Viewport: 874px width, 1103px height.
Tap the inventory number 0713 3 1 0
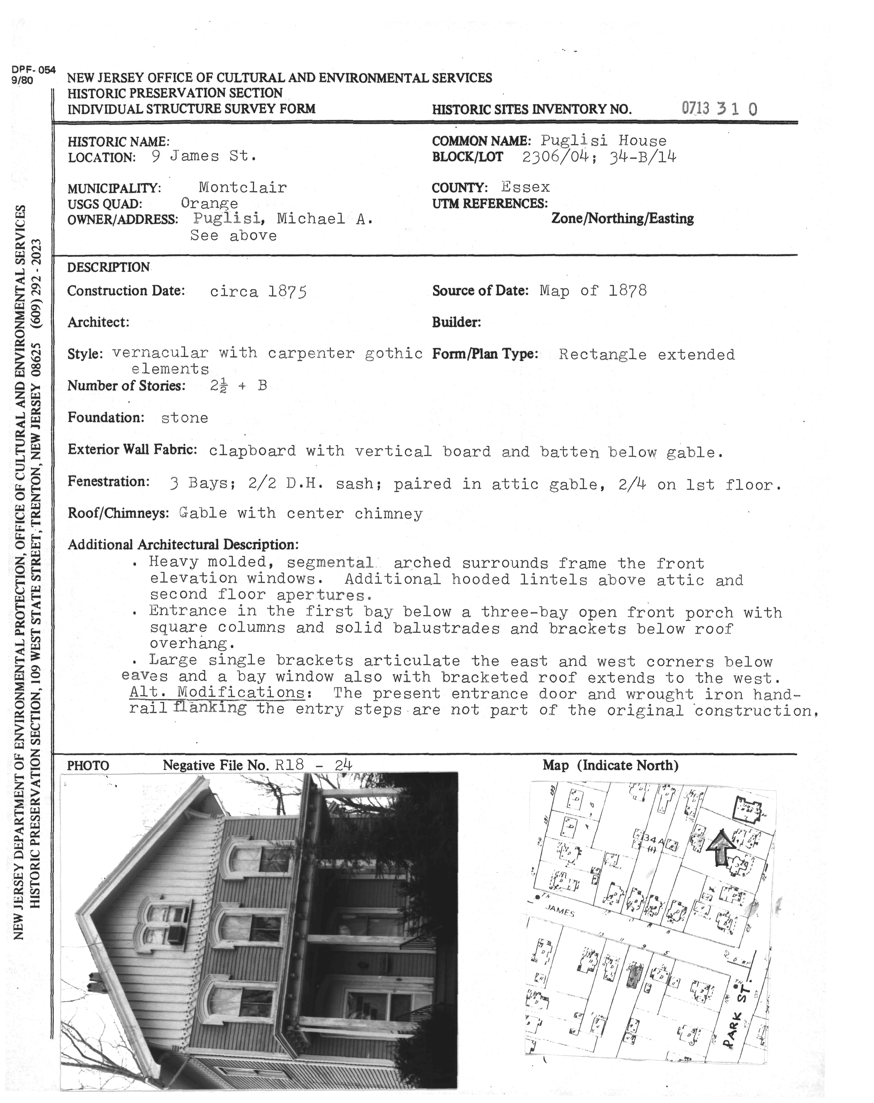tap(719, 108)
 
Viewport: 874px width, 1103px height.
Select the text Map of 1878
tap(593, 291)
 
